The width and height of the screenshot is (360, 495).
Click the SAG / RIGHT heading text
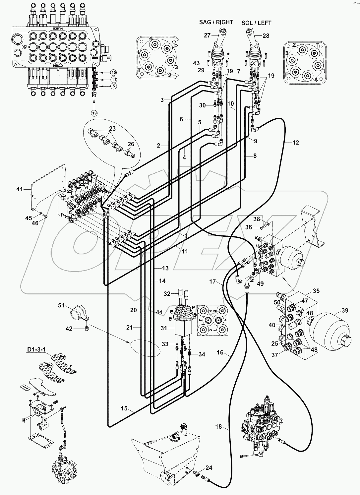tap(216, 22)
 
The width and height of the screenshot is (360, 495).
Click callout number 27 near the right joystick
tap(207, 35)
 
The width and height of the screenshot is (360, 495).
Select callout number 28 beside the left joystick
tap(266, 36)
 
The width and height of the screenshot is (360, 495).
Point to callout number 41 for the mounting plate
tap(20, 189)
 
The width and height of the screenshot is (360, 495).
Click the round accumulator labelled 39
tap(327, 328)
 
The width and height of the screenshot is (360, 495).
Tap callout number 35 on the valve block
tap(316, 291)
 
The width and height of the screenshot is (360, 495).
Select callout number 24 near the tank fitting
tap(209, 468)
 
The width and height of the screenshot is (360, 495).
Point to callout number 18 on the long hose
tap(218, 427)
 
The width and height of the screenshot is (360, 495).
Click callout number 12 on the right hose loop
tap(296, 143)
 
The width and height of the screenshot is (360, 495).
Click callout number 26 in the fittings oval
tap(131, 144)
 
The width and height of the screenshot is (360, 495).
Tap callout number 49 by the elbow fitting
tap(261, 283)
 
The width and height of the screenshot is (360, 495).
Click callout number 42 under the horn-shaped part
tap(69, 329)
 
